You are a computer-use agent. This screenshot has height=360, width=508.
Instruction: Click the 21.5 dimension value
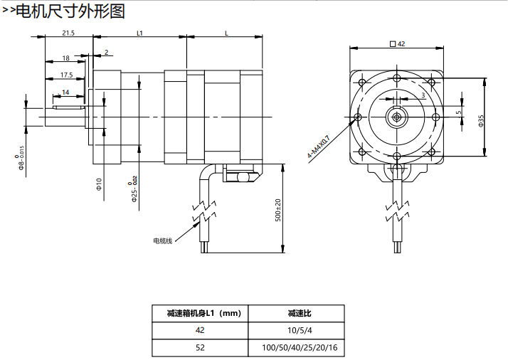(68, 33)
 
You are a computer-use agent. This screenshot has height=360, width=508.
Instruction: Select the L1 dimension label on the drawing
(139, 33)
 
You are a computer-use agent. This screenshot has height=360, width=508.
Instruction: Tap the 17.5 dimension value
(66, 75)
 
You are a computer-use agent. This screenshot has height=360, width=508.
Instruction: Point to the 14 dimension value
(65, 92)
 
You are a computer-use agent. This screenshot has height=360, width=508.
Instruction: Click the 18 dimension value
(65, 58)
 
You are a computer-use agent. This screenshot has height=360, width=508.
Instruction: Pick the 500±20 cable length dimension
(278, 210)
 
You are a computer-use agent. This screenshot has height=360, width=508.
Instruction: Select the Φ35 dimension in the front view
(481, 120)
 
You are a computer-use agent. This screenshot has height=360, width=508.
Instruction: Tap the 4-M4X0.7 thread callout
(317, 147)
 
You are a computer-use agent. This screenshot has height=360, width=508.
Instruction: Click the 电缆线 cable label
(163, 240)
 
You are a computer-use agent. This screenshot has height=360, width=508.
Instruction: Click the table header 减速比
(295, 313)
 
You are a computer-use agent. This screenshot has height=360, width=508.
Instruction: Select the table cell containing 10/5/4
(295, 330)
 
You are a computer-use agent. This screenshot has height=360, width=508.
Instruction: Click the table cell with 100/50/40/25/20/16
(295, 348)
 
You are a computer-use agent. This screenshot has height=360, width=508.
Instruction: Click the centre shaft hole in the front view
(397, 116)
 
